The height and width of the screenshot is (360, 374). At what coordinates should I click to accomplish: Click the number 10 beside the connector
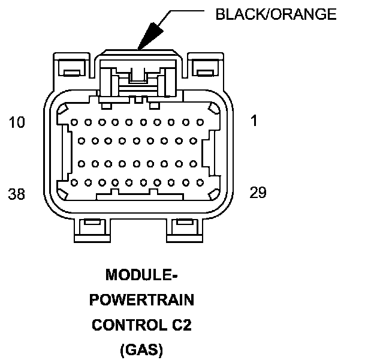point(17,123)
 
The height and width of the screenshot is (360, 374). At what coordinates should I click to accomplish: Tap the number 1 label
point(254,121)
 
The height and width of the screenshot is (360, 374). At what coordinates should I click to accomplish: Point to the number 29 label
point(258,193)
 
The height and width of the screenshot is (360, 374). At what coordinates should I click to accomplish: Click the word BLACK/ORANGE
point(276,15)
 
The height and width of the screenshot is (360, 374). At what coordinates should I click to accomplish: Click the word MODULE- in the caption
point(143,275)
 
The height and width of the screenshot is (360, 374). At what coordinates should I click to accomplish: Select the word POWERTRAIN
point(143,300)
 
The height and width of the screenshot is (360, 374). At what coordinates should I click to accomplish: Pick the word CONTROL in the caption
point(127,325)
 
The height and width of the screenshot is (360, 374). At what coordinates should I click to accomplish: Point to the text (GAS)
point(143,350)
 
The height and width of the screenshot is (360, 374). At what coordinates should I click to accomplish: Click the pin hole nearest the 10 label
point(74,122)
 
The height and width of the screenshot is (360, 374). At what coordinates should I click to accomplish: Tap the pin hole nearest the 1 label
point(201,122)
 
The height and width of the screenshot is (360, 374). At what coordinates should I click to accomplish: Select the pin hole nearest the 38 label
point(74,182)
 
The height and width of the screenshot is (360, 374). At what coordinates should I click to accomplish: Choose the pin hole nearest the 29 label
point(201,182)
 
